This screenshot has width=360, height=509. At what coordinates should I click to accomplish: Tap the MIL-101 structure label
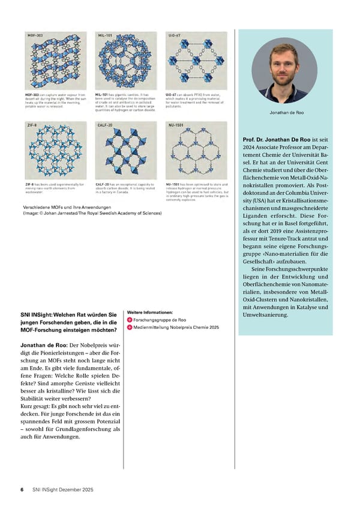[106, 36]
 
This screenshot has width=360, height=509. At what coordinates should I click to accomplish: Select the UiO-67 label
[174, 36]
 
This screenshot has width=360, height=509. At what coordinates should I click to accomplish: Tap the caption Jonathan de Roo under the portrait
[284, 112]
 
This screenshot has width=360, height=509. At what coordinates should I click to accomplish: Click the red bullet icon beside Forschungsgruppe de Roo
[129, 320]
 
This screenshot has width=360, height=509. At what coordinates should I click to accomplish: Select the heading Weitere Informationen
[150, 312]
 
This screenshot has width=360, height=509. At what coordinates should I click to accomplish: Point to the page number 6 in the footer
[22, 490]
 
